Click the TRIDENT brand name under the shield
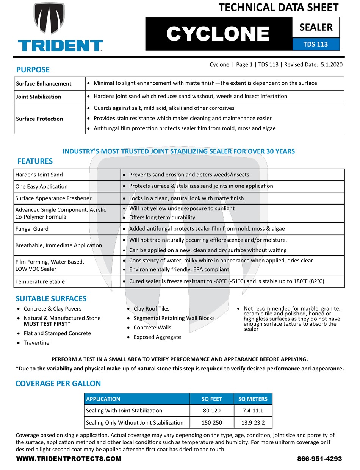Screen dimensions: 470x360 [x=60, y=46]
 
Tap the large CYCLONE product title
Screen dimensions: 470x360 [x=218, y=34]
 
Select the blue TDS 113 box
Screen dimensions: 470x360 [x=316, y=44]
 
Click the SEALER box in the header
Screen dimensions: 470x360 [x=316, y=27]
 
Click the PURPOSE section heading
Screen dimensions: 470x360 [x=33, y=70]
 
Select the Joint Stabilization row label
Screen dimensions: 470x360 [x=38, y=97]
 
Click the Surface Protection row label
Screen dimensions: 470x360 [x=39, y=119]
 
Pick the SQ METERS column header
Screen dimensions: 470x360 [x=253, y=399]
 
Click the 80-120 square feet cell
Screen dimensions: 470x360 [x=211, y=411]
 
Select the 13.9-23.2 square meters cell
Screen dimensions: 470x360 [x=253, y=422]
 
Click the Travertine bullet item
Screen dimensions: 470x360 [x=36, y=343]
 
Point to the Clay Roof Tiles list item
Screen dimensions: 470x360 [x=152, y=309]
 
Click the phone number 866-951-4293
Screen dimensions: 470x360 [x=319, y=459]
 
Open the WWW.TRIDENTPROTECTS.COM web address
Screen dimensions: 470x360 [x=69, y=459]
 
